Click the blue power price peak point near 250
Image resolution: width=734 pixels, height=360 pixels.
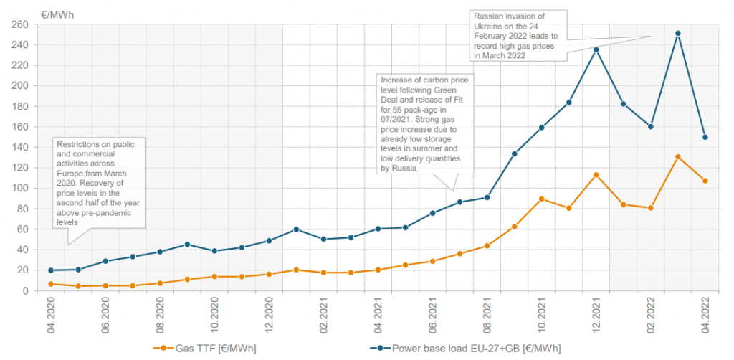[x=677, y=33]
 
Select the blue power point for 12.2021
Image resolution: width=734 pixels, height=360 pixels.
[x=596, y=49]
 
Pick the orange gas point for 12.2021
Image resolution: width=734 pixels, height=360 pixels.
[x=596, y=174]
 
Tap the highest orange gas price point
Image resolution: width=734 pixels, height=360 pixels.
[x=677, y=156]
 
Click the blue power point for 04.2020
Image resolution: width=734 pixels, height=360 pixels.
[x=51, y=270]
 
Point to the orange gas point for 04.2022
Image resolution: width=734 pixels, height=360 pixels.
[x=705, y=181]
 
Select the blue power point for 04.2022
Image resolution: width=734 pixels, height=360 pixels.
[x=705, y=137]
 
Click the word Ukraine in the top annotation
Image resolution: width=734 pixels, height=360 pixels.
[x=488, y=25]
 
